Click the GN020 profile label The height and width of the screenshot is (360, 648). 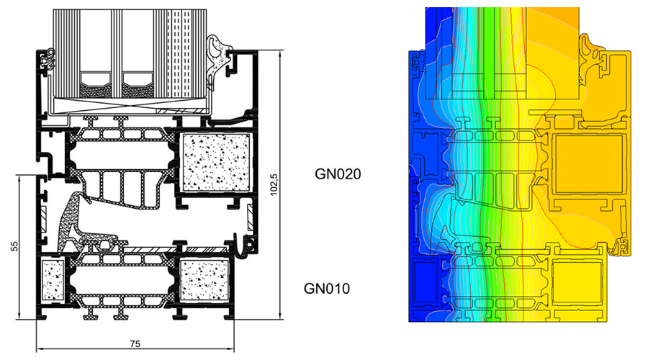tap(338, 174)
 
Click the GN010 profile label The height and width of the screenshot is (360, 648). tap(326, 289)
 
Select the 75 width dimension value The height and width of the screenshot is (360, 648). tap(135, 343)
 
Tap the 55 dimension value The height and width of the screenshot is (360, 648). tap(14, 246)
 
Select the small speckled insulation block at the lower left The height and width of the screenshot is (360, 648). tap(53, 279)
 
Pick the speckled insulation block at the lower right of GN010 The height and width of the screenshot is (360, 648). tap(204, 280)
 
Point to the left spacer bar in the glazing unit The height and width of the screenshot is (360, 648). tap(95, 86)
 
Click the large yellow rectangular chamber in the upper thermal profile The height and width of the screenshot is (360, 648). tap(588, 164)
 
